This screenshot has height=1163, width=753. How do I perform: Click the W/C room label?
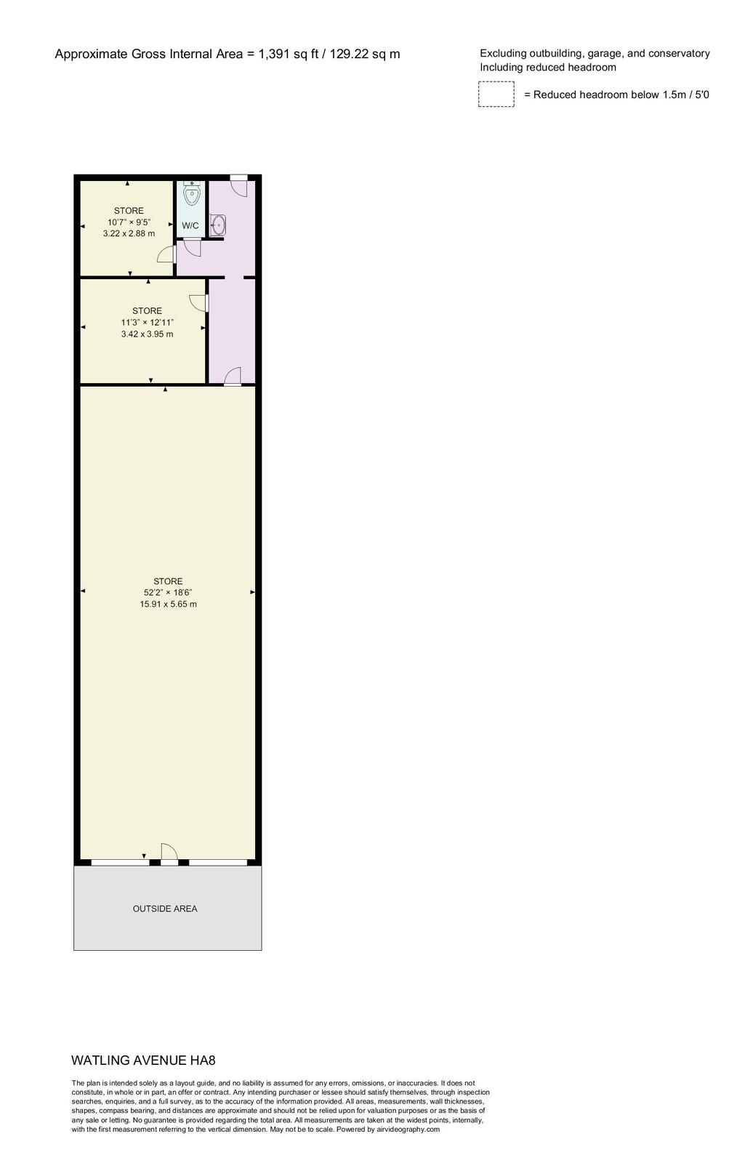tap(190, 226)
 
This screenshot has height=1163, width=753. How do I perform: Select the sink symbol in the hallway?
tap(218, 225)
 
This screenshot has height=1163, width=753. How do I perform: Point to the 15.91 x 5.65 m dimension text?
tap(168, 604)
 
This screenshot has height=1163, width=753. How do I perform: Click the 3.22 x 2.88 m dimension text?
tap(129, 233)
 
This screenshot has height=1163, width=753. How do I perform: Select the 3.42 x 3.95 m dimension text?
tap(148, 334)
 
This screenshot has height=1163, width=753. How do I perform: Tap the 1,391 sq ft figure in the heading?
tap(289, 55)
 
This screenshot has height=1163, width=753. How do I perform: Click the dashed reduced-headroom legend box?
tap(496, 94)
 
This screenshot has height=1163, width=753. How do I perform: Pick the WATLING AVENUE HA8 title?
tap(143, 1061)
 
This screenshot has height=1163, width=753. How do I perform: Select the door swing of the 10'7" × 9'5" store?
tap(166, 254)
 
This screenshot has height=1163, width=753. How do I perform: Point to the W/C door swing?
tap(188, 247)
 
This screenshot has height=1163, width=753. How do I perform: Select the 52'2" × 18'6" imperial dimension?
tap(168, 592)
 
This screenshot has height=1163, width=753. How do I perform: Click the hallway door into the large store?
tap(233, 376)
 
